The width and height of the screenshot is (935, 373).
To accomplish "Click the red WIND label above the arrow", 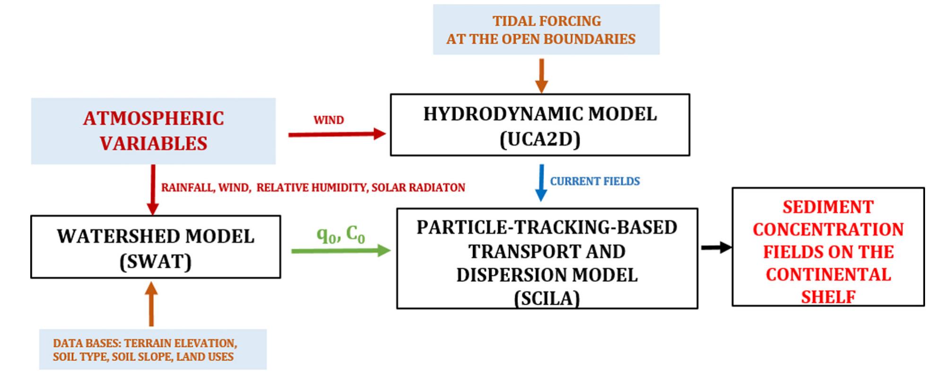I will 328,120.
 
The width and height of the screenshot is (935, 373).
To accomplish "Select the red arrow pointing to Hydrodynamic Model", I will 337,134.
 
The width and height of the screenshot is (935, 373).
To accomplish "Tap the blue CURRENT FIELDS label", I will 594,181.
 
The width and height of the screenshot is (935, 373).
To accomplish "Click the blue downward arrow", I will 541,183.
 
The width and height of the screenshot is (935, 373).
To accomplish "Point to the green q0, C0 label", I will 341,234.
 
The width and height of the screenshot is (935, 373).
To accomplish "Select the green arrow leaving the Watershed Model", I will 341,250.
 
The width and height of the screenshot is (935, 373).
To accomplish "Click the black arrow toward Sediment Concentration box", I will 716,247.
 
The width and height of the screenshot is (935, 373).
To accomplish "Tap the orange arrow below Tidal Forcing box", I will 541,75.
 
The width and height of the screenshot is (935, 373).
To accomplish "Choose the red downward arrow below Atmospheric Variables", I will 153,189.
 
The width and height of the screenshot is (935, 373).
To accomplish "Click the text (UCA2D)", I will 540,139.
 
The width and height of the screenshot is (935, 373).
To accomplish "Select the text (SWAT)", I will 156,261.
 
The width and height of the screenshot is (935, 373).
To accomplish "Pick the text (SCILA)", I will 547,298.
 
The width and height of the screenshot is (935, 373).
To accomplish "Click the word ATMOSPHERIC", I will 153,118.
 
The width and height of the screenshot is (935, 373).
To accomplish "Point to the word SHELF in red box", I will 828,297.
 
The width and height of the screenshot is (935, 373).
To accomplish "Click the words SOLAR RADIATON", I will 418,188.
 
